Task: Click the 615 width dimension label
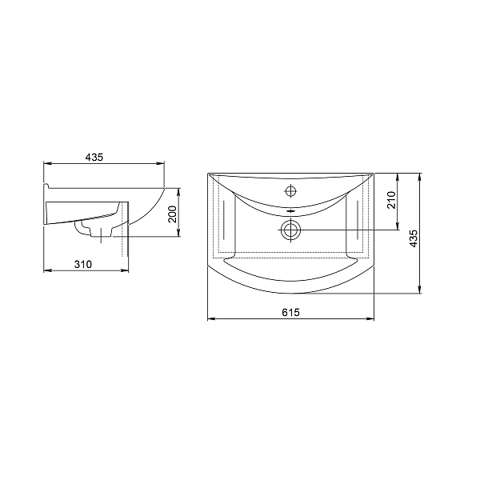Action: pos(290,313)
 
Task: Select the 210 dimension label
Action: pos(391,200)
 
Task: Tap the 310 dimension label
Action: pos(83,264)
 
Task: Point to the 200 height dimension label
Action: pos(173,214)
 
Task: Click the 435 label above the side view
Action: pos(94,158)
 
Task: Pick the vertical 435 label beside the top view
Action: pos(414,238)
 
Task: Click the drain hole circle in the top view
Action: pos(290,230)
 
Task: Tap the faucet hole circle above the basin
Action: pos(291,191)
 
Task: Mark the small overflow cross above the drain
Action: pos(290,211)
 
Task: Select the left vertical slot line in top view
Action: pos(224,220)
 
